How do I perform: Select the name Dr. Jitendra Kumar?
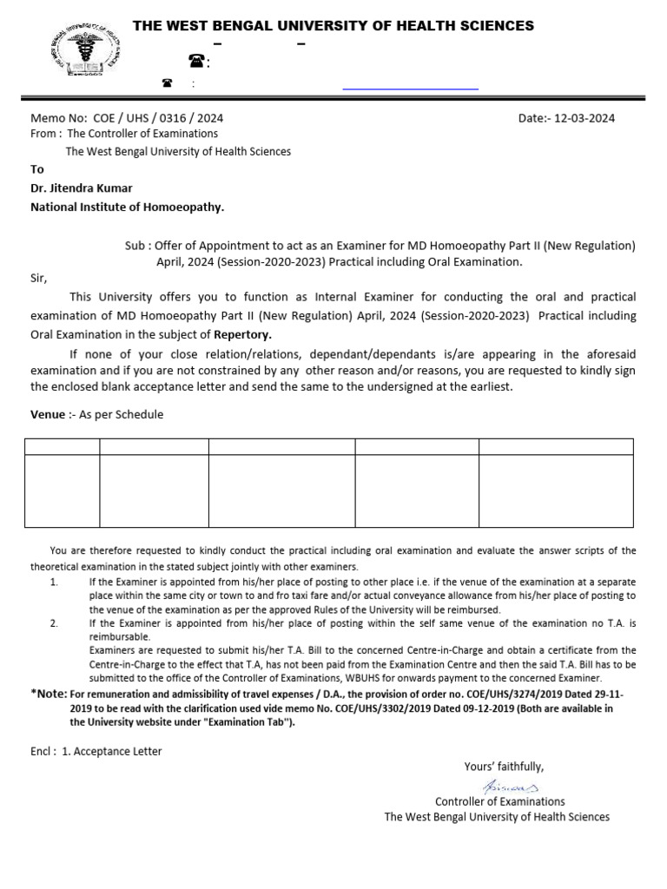click(x=82, y=188)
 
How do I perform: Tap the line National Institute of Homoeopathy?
click(x=128, y=207)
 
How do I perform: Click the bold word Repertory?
click(x=243, y=333)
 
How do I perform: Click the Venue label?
click(x=48, y=414)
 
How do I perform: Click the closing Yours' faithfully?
click(x=504, y=766)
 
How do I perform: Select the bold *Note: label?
click(x=49, y=694)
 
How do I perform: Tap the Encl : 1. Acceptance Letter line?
click(x=96, y=751)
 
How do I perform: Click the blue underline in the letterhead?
click(x=410, y=89)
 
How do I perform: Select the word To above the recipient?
click(x=37, y=169)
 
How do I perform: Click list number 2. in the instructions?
click(x=54, y=622)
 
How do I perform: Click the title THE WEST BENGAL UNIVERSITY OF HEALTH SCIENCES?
click(x=333, y=26)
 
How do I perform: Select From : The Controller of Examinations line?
click(x=124, y=134)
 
